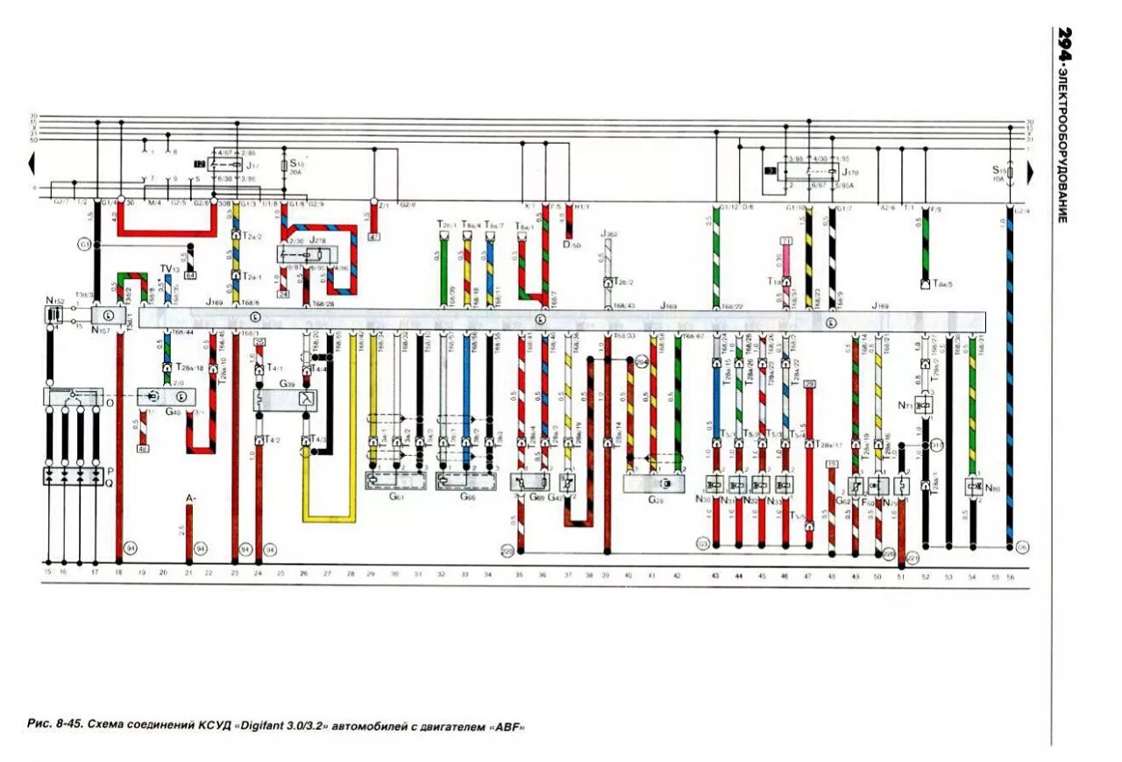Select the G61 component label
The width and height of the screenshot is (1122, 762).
click(x=396, y=496)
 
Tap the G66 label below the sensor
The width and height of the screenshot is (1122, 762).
click(x=469, y=496)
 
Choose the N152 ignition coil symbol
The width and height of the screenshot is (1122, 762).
click(x=53, y=313)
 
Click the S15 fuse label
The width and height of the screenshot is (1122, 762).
click(x=997, y=168)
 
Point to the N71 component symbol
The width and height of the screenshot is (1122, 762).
click(x=923, y=404)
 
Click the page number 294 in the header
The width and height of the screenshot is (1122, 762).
click(x=1062, y=44)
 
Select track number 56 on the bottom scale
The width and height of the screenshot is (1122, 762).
click(x=1010, y=575)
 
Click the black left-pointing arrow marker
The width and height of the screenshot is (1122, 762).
click(x=32, y=162)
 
